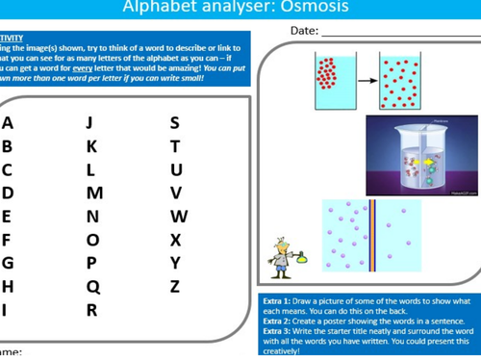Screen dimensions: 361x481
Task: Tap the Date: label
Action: [x=303, y=31]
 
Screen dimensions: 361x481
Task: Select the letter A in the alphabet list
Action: [x=8, y=123]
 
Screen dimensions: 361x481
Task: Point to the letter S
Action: [x=174, y=123]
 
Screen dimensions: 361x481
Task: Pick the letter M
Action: [x=94, y=193]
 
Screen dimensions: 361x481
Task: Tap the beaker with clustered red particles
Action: [x=329, y=78]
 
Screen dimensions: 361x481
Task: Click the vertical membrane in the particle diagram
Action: [x=371, y=234]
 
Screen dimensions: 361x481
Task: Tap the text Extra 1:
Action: [x=278, y=302]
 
